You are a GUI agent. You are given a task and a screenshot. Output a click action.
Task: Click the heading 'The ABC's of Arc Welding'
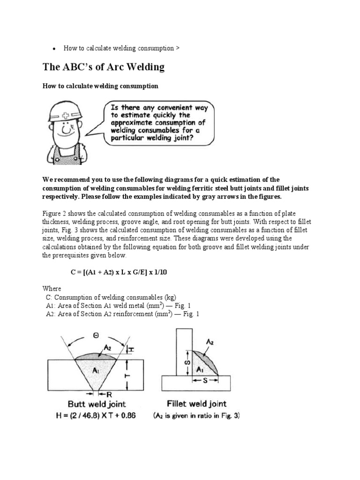[104, 67]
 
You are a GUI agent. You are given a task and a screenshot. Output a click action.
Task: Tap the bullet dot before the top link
[55, 49]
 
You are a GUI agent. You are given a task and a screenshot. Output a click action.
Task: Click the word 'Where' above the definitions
[52, 288]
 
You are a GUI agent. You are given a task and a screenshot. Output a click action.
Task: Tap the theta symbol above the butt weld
[96, 336]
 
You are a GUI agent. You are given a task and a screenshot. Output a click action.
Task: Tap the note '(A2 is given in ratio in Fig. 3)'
[196, 415]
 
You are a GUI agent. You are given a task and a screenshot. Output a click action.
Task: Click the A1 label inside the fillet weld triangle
[199, 368]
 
